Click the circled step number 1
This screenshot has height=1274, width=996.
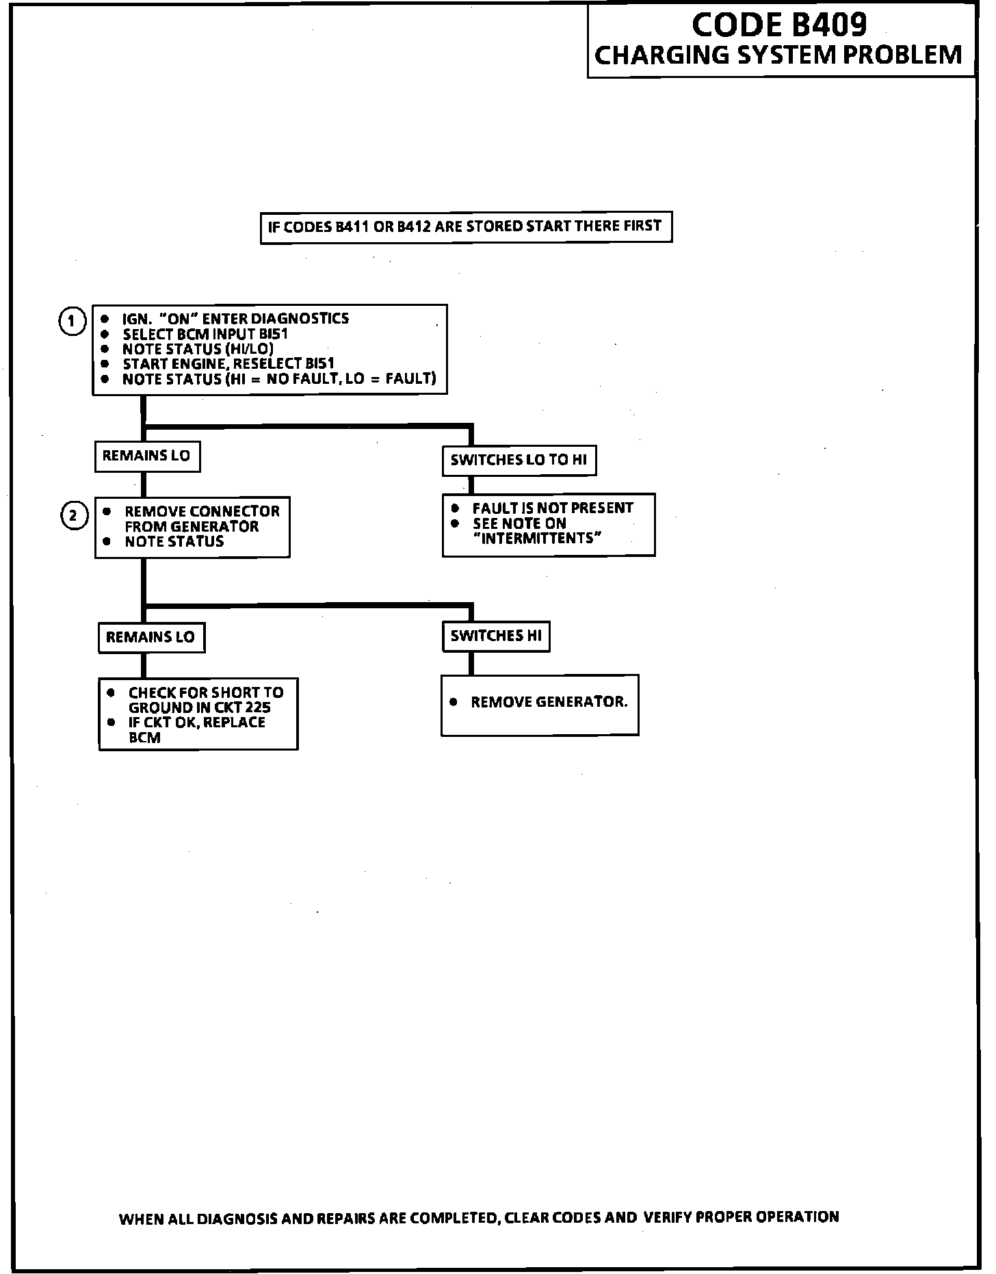point(72,321)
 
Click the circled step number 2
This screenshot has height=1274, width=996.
point(74,515)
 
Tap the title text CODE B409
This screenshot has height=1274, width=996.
point(779,25)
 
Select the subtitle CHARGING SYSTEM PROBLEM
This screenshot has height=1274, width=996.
point(779,55)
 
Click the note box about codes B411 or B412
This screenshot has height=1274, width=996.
point(466,226)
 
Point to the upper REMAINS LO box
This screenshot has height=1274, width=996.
point(147,456)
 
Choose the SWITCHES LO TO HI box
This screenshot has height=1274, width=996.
point(519,460)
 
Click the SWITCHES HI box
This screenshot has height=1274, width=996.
point(496,636)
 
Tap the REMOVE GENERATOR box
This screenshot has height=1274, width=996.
point(540,704)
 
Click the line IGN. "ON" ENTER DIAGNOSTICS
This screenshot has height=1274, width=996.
point(235,319)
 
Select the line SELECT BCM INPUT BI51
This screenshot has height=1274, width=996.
point(205,335)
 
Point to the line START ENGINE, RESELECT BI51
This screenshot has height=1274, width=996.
point(228,364)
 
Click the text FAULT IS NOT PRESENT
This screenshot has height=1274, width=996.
point(553,508)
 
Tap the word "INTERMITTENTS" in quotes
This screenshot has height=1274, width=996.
point(537,538)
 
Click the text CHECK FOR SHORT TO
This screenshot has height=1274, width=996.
point(206,693)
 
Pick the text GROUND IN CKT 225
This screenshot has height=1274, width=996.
point(199,708)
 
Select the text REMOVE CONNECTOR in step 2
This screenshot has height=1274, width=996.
point(202,512)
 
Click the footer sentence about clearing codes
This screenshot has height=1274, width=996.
point(479,1218)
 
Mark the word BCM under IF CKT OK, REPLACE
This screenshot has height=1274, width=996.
point(144,738)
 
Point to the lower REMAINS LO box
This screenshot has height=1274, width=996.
point(151,638)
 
